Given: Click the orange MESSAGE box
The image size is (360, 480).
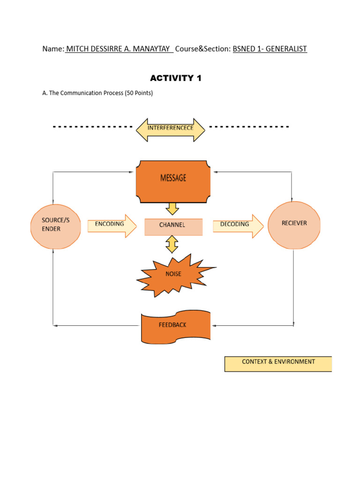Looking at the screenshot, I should (x=173, y=181).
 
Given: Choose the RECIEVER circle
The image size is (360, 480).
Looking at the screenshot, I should (x=294, y=225).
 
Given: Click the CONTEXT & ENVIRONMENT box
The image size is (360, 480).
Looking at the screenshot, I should (x=278, y=364).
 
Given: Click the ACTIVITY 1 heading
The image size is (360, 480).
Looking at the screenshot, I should (x=176, y=78).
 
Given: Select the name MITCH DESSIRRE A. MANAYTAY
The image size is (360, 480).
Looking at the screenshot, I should (x=119, y=49).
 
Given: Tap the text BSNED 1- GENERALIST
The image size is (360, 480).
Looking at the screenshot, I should (x=270, y=49).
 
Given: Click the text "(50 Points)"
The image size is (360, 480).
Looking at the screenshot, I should (x=138, y=93).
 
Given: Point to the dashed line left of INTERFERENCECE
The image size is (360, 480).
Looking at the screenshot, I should (x=92, y=127).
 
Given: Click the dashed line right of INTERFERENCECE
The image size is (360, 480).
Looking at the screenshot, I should (x=248, y=127).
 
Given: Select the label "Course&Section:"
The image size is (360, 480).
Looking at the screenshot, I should (x=203, y=49).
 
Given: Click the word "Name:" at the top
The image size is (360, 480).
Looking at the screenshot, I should (x=53, y=49).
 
